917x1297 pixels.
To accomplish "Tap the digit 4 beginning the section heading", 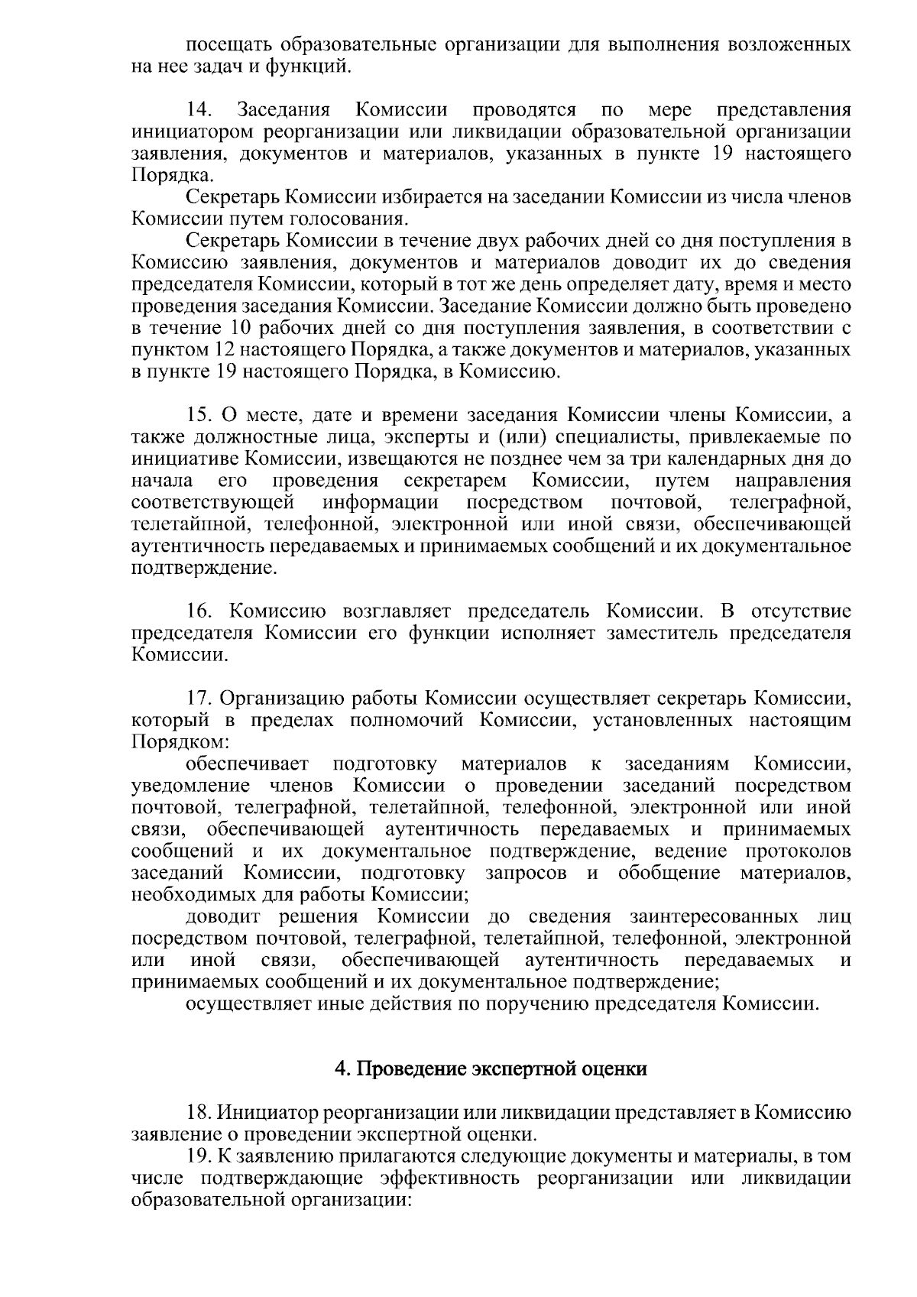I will point(340,1068).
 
